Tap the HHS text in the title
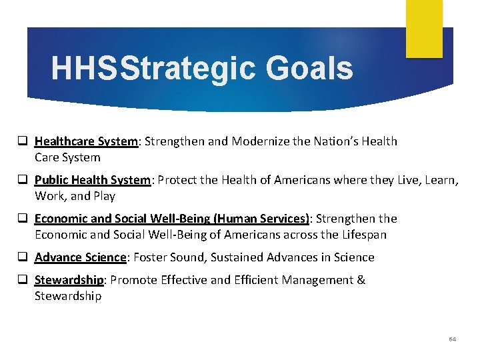pyautogui.click(x=84, y=69)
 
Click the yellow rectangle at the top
pyautogui.click(x=425, y=28)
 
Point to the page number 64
pyautogui.click(x=453, y=339)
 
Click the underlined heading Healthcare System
pyautogui.click(x=86, y=141)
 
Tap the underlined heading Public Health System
pyautogui.click(x=92, y=180)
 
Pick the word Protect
pyautogui.click(x=179, y=180)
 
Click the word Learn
pyautogui.click(x=437, y=180)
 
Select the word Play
pyautogui.click(x=103, y=196)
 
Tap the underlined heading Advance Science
pyautogui.click(x=80, y=257)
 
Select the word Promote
pyautogui.click(x=132, y=280)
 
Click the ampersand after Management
pyautogui.click(x=361, y=280)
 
